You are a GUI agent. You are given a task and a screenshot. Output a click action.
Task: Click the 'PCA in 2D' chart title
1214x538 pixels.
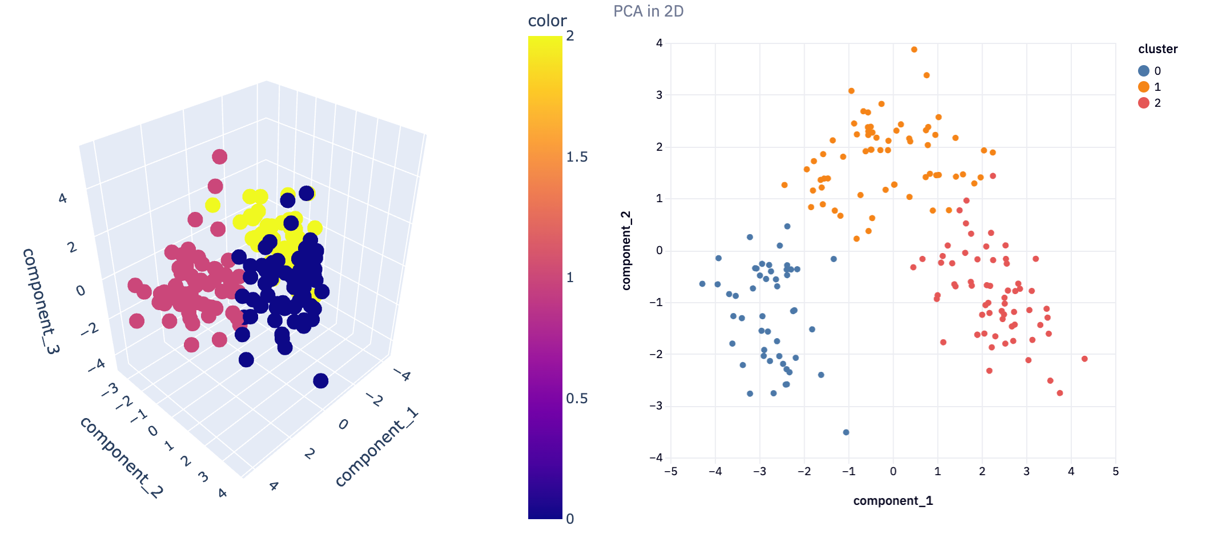[x=648, y=11]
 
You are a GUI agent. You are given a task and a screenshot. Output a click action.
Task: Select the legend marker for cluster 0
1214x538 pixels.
[x=1143, y=71]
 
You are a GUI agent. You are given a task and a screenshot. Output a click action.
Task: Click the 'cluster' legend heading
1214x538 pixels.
[x=1157, y=49]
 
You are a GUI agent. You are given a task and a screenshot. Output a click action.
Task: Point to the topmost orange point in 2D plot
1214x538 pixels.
[x=914, y=50]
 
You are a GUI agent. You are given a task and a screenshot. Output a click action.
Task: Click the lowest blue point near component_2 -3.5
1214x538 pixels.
[x=846, y=432]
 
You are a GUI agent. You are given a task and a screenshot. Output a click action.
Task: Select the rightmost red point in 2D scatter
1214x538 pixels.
[x=1084, y=359]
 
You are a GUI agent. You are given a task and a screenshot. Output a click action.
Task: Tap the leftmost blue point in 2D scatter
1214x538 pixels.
[x=702, y=284]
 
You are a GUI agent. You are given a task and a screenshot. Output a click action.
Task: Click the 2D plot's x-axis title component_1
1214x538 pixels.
[x=893, y=501]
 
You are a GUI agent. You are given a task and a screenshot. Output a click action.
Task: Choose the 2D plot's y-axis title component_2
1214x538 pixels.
[x=626, y=250]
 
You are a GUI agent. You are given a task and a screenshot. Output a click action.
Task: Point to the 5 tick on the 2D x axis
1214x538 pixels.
[x=1115, y=472]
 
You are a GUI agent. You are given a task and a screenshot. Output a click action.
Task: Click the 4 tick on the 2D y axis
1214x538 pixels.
[x=660, y=43]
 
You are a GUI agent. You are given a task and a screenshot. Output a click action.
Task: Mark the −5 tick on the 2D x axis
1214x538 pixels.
[x=670, y=472]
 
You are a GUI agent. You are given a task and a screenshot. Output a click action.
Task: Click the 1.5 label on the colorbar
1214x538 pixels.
[x=576, y=157]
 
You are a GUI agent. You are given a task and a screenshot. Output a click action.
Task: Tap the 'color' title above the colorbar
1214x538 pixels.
[x=546, y=21]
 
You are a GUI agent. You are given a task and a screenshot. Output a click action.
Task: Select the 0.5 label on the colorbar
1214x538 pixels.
[x=576, y=399]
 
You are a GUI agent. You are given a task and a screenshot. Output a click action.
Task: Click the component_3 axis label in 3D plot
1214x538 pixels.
[x=40, y=301]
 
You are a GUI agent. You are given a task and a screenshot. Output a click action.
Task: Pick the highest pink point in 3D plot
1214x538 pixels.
[x=219, y=156]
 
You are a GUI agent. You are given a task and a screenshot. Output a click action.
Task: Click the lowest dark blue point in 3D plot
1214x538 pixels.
[x=320, y=381]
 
